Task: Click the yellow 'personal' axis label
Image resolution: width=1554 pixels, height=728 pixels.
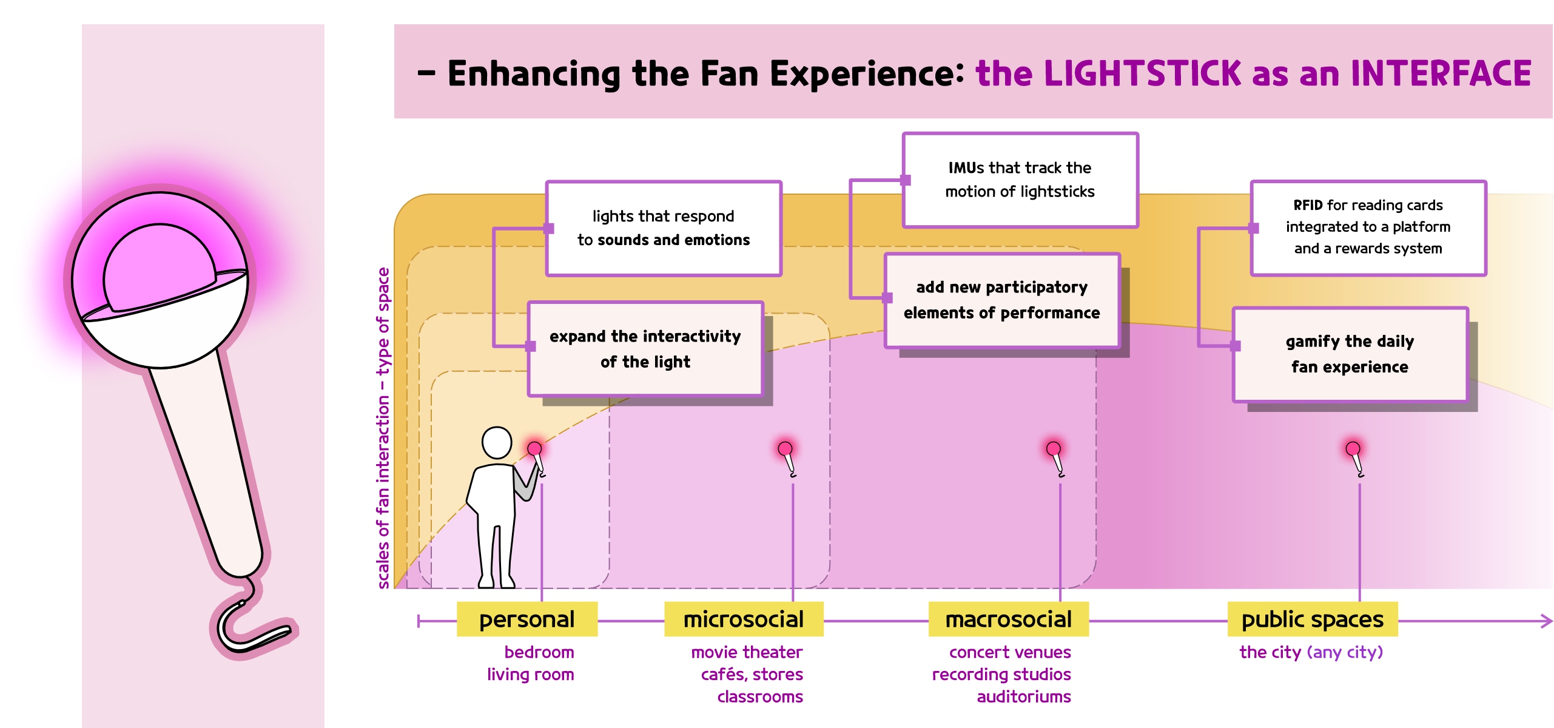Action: click(x=526, y=619)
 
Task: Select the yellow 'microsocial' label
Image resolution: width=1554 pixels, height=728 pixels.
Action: click(x=744, y=619)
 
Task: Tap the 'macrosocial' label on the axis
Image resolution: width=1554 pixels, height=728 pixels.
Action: click(x=1008, y=619)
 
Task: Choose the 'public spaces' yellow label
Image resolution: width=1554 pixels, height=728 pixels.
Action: click(x=1313, y=619)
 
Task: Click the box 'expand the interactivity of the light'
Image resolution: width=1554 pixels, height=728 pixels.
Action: click(x=645, y=349)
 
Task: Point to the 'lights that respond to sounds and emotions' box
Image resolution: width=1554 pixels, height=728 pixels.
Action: click(x=664, y=228)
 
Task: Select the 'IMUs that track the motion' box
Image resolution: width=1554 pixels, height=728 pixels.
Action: click(x=1020, y=180)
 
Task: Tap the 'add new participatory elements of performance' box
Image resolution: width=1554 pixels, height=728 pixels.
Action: click(x=1002, y=300)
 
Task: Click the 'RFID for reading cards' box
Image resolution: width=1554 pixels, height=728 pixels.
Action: click(x=1368, y=227)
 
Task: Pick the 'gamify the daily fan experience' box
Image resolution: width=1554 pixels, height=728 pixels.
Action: click(x=1350, y=354)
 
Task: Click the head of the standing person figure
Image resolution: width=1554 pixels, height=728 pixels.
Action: click(x=497, y=442)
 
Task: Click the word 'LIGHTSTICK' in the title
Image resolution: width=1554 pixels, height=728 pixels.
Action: click(x=1143, y=73)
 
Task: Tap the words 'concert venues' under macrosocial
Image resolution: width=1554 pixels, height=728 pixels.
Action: click(x=1010, y=652)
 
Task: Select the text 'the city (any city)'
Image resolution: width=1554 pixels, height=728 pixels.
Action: click(x=1311, y=652)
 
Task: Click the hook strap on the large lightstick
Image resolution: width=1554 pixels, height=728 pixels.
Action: click(x=249, y=625)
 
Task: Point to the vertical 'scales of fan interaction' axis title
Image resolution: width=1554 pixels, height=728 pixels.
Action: click(x=383, y=428)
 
